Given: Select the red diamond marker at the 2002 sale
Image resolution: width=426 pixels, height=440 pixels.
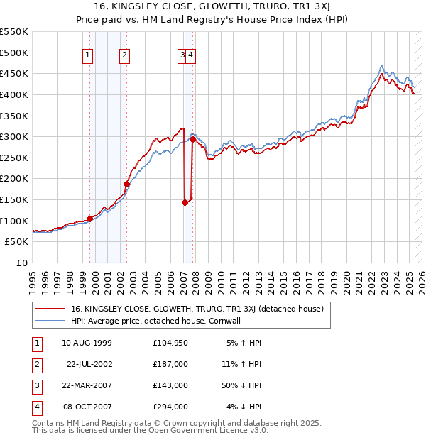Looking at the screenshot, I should [x=127, y=184].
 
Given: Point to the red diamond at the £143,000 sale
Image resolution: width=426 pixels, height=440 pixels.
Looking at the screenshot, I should [x=185, y=202].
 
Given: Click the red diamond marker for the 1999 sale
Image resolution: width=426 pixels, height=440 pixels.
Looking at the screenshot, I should [x=90, y=219].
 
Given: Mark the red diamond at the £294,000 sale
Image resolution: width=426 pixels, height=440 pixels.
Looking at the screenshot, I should [x=192, y=139].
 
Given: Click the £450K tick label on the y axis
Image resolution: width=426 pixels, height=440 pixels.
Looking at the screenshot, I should [x=14, y=74].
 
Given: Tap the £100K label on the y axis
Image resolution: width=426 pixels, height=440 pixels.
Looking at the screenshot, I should [x=14, y=221].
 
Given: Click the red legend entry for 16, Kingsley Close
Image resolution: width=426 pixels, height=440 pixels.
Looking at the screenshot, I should [x=197, y=309].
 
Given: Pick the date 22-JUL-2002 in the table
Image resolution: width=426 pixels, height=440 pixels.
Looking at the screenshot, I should [x=89, y=363].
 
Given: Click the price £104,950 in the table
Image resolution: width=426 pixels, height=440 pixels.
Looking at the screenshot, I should [x=170, y=343].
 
